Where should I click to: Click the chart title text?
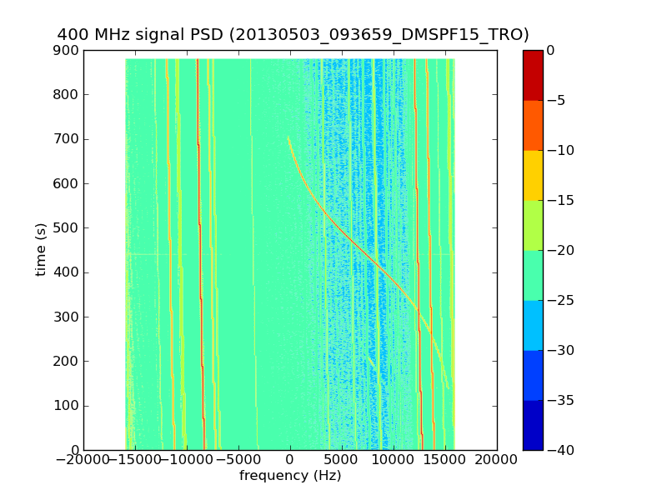pos(293,34)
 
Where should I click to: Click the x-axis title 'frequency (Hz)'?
pos(290,476)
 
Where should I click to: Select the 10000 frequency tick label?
pos(394,460)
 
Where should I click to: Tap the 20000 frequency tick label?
pos(497,460)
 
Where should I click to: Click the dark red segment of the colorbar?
pos(533,75)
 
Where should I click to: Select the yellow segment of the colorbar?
pos(533,175)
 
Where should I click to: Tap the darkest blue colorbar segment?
pos(533,425)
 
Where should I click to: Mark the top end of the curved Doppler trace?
pos(288,137)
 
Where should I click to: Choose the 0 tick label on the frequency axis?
pos(290,460)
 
